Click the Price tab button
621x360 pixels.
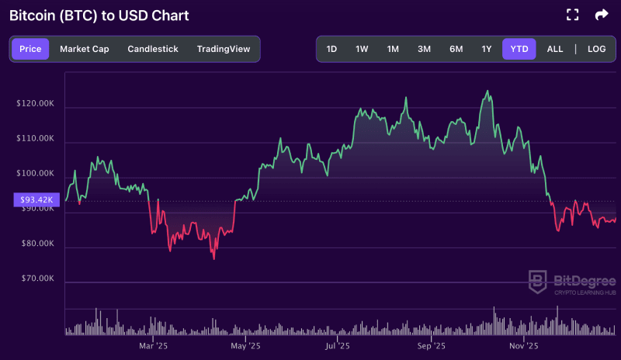pos(30,49)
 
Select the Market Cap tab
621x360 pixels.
pos(84,49)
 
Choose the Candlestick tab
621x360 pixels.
pos(153,49)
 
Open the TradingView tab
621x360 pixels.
pos(224,49)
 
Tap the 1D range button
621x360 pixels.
pos(331,49)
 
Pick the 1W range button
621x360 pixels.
pos(362,49)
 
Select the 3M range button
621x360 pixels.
pos(424,49)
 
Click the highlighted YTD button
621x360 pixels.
pos(519,49)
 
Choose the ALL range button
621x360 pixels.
pos(555,49)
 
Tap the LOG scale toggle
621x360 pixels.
pos(596,49)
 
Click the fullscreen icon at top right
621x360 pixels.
pos(573,15)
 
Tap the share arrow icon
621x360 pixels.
pos(602,15)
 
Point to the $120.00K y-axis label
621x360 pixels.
pos(35,103)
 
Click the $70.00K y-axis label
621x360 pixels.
pos(37,278)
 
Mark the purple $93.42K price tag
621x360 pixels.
pos(35,200)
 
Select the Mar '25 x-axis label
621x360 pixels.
pos(152,345)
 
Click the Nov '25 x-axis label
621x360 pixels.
pos(523,345)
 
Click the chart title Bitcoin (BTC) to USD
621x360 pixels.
pos(99,16)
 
